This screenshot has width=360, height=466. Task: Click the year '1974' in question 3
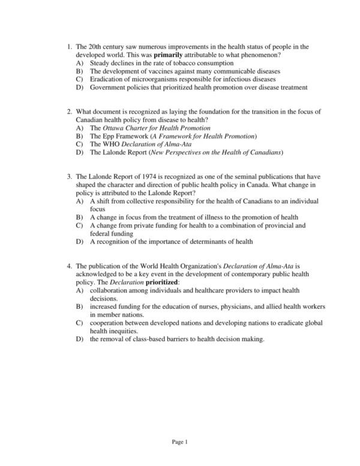click(148, 177)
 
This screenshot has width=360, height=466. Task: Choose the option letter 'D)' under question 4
click(80, 339)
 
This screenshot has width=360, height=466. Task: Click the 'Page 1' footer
click(180, 443)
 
